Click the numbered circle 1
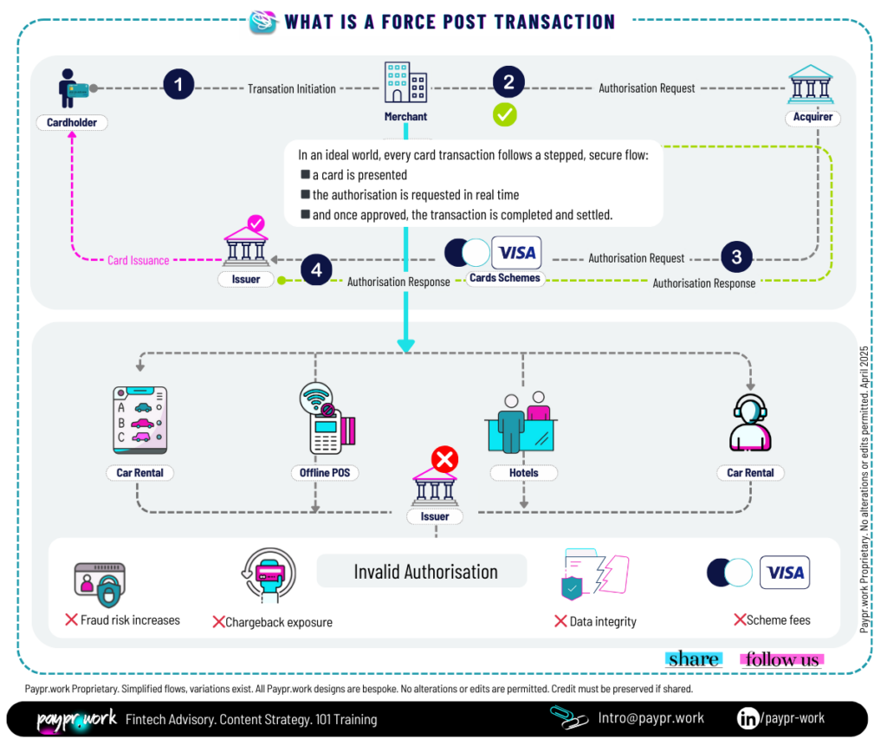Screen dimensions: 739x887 coord(178,85)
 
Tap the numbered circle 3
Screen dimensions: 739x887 coord(736,256)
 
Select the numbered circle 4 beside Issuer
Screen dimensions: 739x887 coord(316,269)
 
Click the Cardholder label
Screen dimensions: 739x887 coord(72,122)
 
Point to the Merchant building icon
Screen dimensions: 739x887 coord(405,82)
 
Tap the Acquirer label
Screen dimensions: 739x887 coord(813,117)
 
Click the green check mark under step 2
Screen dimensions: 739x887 coord(505,113)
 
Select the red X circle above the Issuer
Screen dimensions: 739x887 coord(444,459)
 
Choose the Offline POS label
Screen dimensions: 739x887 coord(314,473)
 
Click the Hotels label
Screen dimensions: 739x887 coord(524,473)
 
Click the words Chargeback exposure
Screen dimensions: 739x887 coord(278,622)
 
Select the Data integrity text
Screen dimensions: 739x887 coord(603,621)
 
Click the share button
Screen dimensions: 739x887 coord(693,659)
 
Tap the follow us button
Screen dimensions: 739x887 coord(782,659)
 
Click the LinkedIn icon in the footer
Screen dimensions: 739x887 coord(748,718)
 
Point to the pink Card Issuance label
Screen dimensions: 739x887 coord(139,260)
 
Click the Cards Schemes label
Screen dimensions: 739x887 coord(504,278)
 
